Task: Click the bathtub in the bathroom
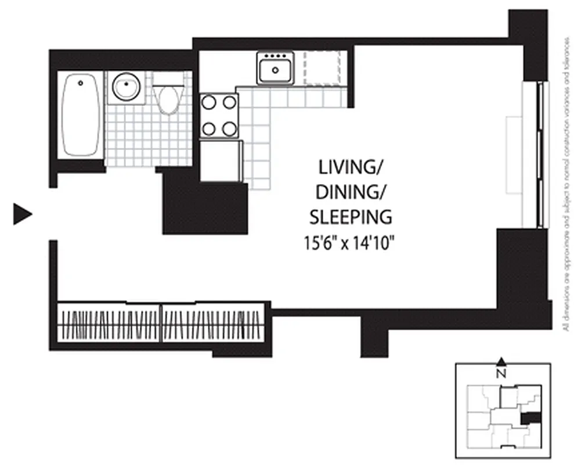click(x=81, y=115)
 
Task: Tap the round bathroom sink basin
click(x=125, y=88)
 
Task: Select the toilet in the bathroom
click(x=169, y=98)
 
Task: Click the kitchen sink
click(x=275, y=69)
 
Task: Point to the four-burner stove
click(x=219, y=116)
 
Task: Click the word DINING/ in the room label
click(x=350, y=192)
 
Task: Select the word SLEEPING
click(x=350, y=217)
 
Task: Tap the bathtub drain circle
click(x=80, y=83)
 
